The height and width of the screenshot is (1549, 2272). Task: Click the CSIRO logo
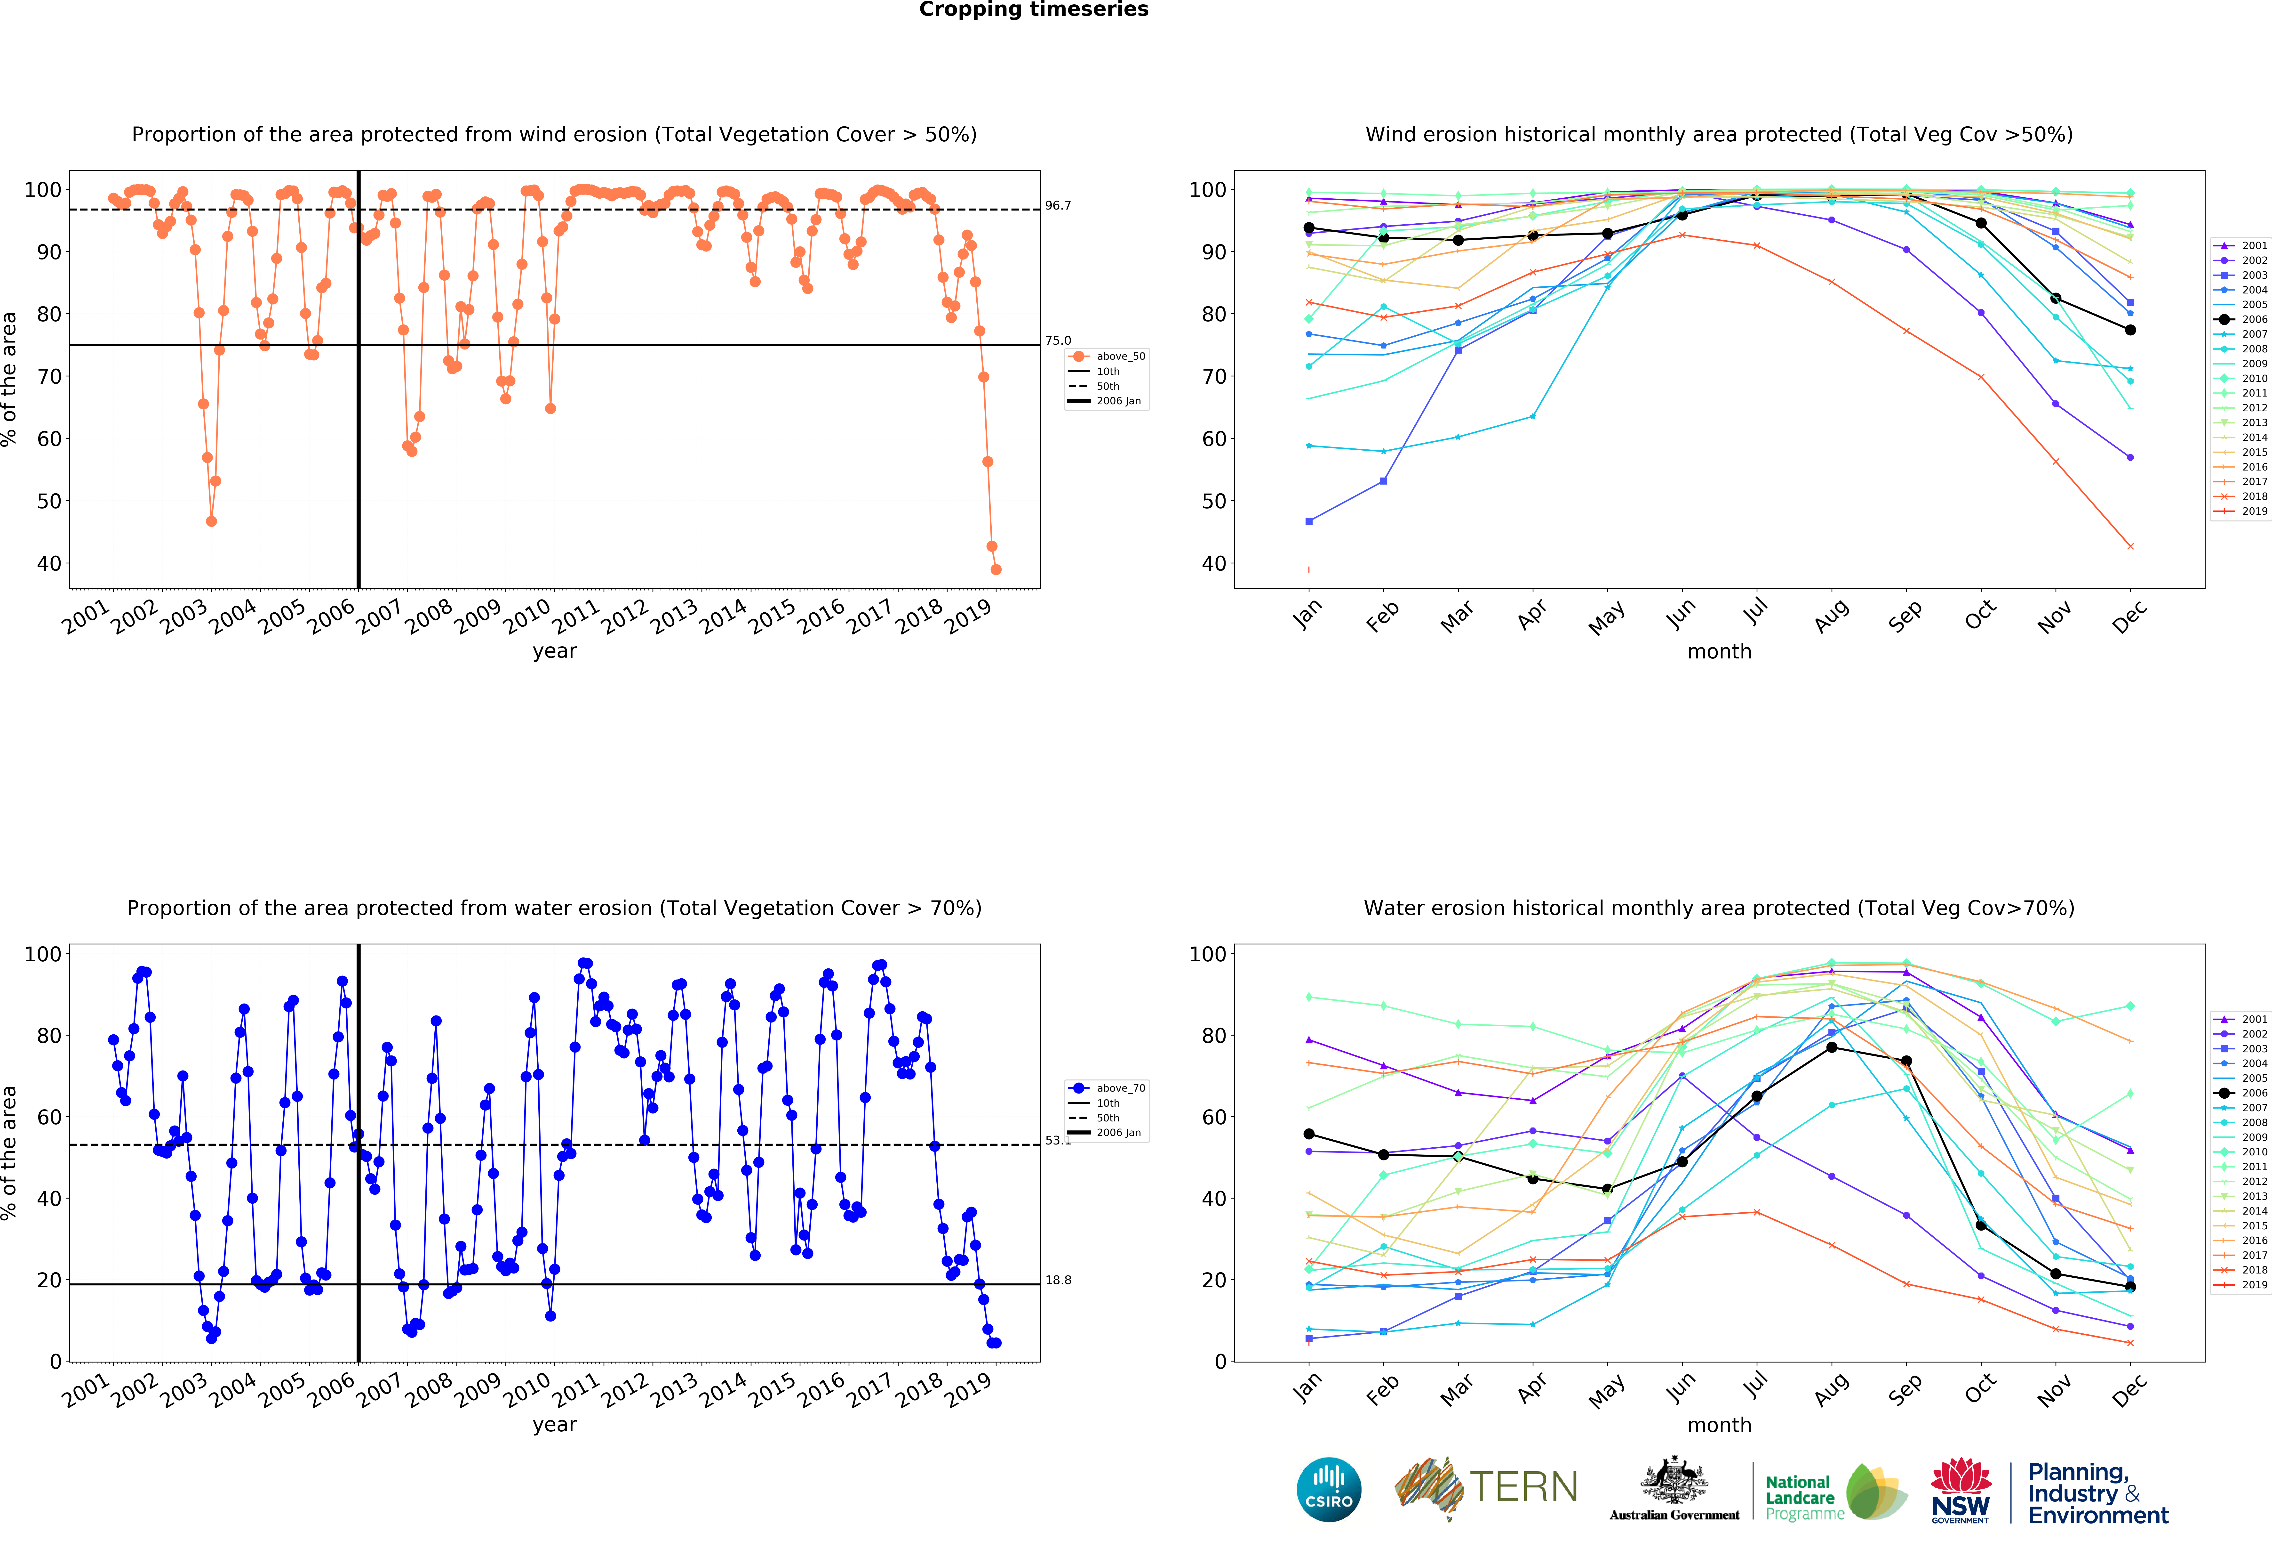pos(1329,1489)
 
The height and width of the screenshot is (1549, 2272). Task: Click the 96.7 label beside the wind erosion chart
pos(1058,205)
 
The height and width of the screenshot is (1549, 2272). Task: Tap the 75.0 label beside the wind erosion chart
pos(1058,340)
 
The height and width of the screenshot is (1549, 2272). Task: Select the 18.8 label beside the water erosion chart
pos(1058,1280)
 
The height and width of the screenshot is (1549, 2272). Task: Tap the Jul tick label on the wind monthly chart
pos(1755,611)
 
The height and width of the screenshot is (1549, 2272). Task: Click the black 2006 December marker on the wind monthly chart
pos(2130,330)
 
